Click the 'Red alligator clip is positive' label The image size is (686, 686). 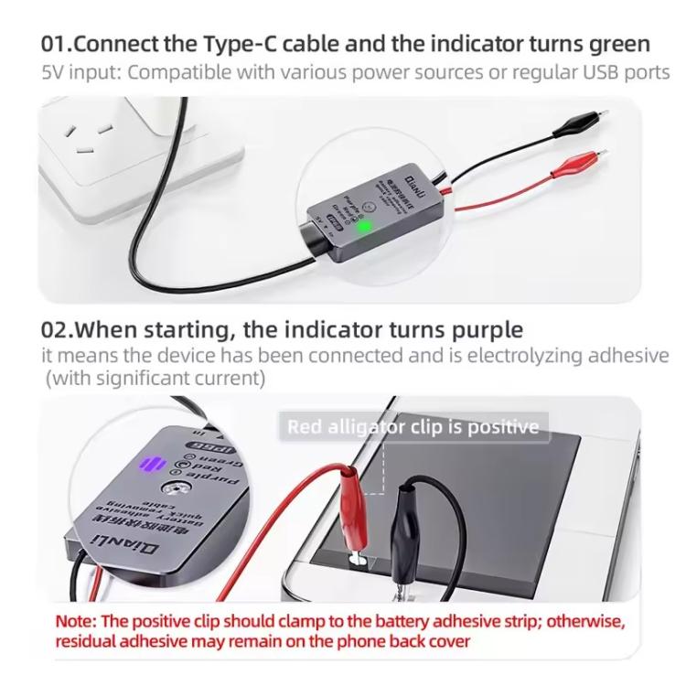[x=413, y=427]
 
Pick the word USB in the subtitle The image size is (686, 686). [x=592, y=71]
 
